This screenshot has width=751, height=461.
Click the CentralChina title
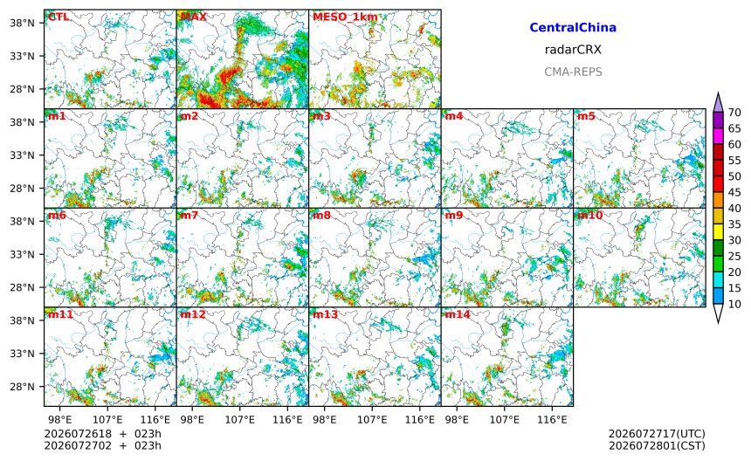[573, 27]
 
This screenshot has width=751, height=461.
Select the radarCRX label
[573, 50]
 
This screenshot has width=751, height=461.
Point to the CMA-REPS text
[573, 72]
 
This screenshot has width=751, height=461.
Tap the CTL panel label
[58, 17]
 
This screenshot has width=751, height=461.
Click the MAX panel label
[194, 17]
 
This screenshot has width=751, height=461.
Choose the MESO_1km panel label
[345, 17]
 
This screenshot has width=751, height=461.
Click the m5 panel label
[586, 116]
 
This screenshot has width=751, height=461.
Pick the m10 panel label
[589, 215]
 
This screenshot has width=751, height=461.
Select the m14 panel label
[458, 314]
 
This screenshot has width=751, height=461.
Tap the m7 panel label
[189, 215]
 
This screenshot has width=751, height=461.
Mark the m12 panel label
[192, 314]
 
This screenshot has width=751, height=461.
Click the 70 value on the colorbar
[734, 113]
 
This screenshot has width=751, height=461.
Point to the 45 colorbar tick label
[734, 192]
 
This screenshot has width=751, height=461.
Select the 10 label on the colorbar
[734, 304]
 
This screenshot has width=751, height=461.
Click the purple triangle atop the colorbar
[718, 102]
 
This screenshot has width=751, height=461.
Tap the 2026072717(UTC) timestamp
[657, 434]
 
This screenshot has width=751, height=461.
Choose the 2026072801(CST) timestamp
[657, 445]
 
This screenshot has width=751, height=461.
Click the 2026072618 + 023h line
[102, 434]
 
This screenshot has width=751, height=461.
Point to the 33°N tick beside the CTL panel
[22, 56]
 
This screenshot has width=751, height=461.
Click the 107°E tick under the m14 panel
[505, 420]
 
